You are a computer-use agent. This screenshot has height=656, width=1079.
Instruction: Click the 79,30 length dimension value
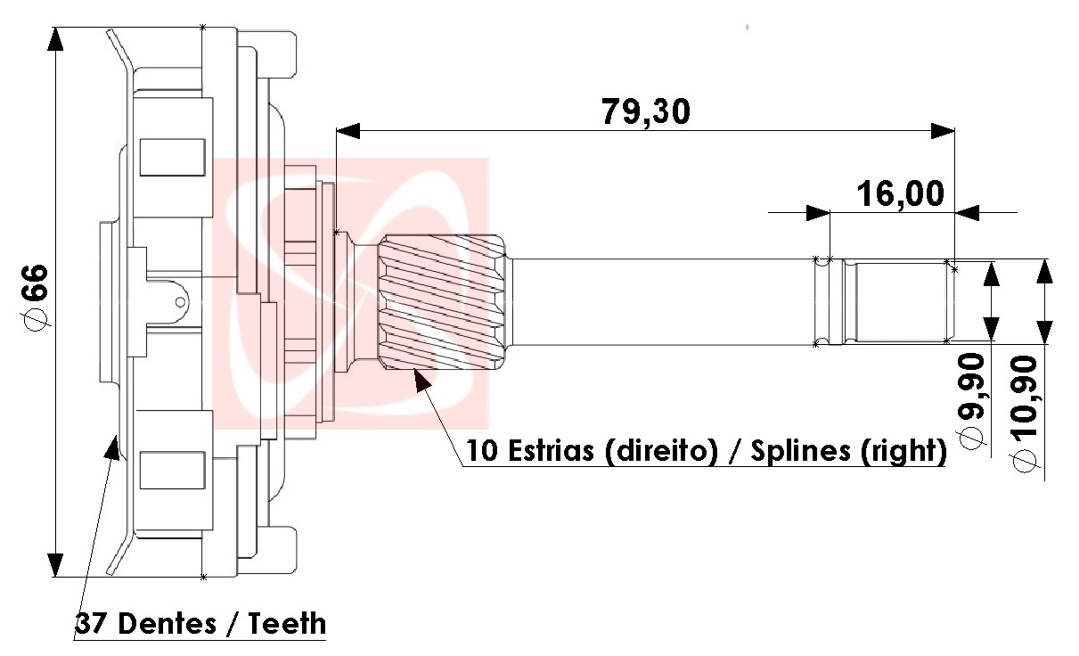click(646, 112)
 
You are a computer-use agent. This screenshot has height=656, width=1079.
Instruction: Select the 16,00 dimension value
click(900, 194)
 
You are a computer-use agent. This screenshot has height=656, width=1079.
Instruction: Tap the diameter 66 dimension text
click(36, 298)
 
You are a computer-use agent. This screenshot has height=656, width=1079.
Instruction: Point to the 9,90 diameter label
click(971, 400)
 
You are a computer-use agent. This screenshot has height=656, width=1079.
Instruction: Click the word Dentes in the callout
click(167, 624)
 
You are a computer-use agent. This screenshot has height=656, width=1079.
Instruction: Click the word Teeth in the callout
click(287, 624)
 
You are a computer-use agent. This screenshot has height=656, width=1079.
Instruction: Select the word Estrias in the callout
click(551, 451)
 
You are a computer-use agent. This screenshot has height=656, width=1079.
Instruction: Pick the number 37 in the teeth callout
click(92, 624)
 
